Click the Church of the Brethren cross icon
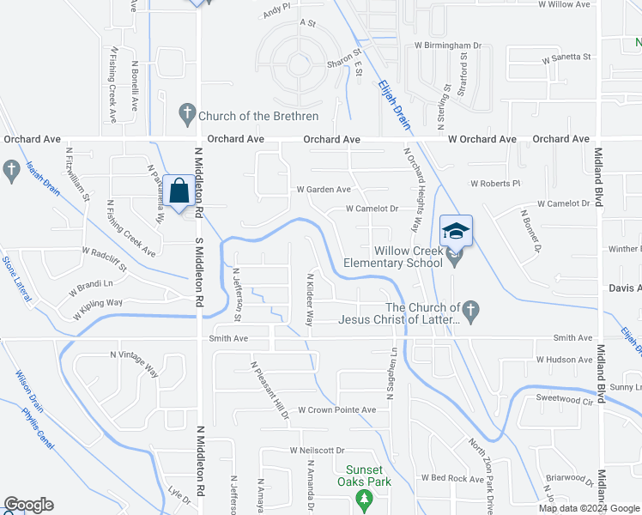(x=187, y=113)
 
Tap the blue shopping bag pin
(x=179, y=192)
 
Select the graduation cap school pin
(x=456, y=230)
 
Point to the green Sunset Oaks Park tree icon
(x=365, y=499)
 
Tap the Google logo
(x=28, y=505)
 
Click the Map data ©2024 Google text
(x=589, y=508)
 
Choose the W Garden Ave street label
(x=324, y=190)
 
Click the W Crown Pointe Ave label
(x=337, y=410)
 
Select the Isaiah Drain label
(x=42, y=179)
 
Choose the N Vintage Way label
(x=135, y=364)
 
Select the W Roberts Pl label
(x=495, y=184)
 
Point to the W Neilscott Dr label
(x=317, y=450)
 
